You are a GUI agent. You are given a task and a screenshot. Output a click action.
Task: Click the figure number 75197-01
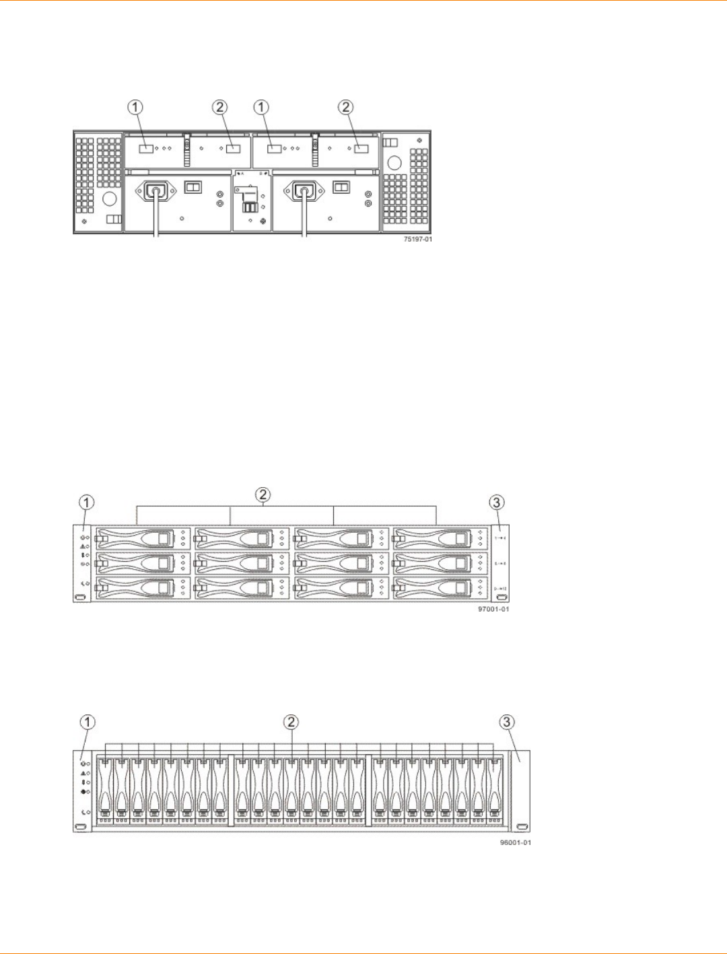(x=417, y=240)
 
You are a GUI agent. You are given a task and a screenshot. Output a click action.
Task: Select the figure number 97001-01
(x=493, y=610)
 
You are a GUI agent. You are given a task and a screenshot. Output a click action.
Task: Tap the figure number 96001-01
(x=516, y=842)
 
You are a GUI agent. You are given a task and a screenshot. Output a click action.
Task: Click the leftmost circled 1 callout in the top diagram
(x=136, y=107)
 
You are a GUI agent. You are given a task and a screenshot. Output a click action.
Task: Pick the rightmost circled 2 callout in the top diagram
(x=345, y=107)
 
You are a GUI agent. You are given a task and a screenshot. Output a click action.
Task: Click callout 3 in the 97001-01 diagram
(x=496, y=503)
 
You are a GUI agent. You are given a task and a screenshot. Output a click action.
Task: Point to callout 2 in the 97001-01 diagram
(x=263, y=494)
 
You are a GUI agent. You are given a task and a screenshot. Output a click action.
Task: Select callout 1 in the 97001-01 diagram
(x=87, y=503)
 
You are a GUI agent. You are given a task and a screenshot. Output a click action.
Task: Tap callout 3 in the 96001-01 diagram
(x=506, y=722)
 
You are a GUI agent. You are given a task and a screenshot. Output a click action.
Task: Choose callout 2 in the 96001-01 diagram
(x=291, y=722)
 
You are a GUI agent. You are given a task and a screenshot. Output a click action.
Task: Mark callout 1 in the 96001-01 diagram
(x=87, y=722)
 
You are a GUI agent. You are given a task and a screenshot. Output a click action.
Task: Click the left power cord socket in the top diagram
(x=157, y=192)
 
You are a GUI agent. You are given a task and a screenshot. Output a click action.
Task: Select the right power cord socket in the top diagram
(x=305, y=192)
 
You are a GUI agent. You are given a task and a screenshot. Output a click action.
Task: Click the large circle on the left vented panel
(x=110, y=198)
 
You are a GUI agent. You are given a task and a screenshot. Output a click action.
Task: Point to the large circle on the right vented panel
(x=394, y=163)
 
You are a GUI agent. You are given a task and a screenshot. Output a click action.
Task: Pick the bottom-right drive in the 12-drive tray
(x=439, y=589)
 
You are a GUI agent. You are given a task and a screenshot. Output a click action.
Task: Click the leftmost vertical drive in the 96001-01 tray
(x=105, y=789)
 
